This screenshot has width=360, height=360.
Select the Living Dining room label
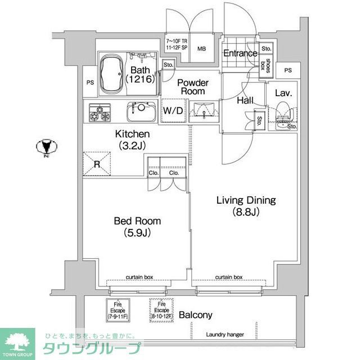click(x=246, y=206)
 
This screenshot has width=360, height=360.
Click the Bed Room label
click(x=137, y=226)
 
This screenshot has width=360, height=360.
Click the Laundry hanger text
click(x=224, y=335)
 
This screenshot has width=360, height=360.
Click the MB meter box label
click(x=201, y=48)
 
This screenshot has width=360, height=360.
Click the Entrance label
click(x=240, y=53)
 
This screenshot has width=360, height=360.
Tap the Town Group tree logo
click(x=17, y=340)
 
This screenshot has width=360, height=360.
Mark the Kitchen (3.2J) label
click(x=132, y=139)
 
